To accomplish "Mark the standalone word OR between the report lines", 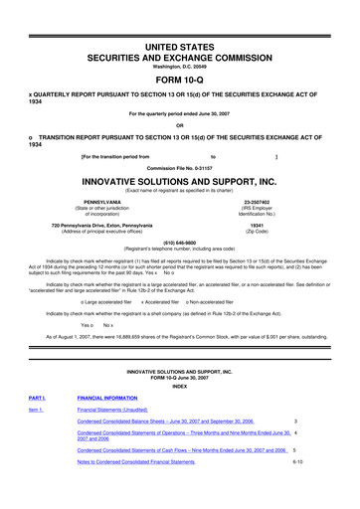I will click(x=179, y=124).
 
